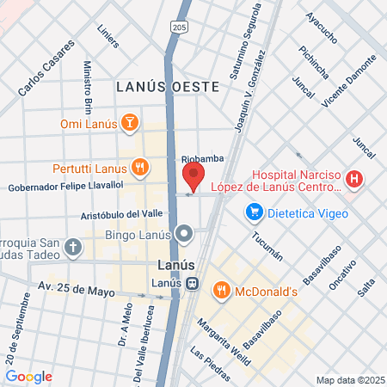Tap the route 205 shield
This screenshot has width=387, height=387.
pos(178,28)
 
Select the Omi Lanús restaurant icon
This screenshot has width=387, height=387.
pos(130,122)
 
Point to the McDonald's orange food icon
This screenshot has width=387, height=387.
pos(221,290)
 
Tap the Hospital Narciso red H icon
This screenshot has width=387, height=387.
pos(354,180)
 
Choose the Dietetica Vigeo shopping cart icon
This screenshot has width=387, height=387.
pos(254,211)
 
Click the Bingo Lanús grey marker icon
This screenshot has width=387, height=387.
pos(184,234)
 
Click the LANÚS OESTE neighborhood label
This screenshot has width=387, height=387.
pos(168,87)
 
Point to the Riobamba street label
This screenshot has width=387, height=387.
pos(202,159)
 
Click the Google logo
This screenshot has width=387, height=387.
pos(29,377)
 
